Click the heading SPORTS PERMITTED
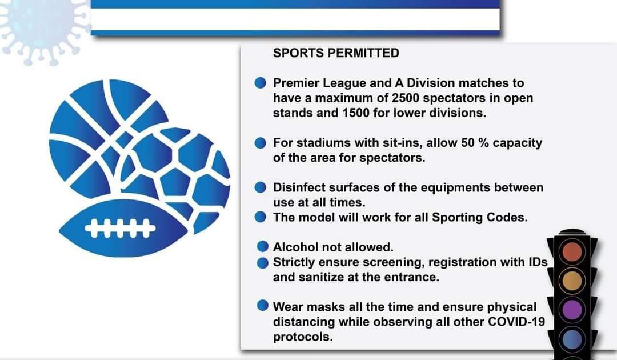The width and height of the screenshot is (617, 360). pos(336,53)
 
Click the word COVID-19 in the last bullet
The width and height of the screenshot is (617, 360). pos(516,322)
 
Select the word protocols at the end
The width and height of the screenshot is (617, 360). pos(303,337)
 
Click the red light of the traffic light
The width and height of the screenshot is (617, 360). pos(572,252)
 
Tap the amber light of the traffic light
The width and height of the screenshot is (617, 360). pos(572,281)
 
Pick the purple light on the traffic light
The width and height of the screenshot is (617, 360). pos(572,309)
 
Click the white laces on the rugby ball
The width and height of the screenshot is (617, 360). pos(120,228)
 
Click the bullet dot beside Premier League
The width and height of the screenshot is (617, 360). pos(260,83)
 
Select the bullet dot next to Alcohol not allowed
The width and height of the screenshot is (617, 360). pos(262,247)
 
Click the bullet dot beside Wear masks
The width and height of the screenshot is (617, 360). pos(262,306)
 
